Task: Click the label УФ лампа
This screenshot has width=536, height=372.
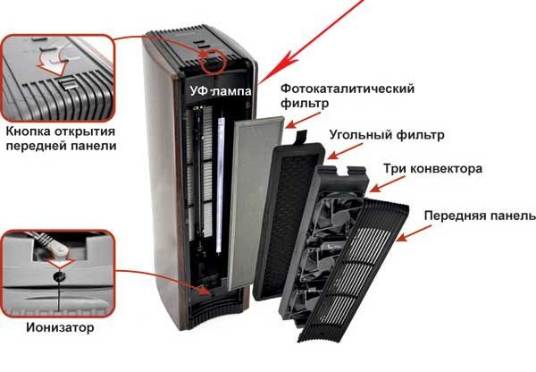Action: point(221,90)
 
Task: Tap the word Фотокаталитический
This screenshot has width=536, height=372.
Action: point(348,89)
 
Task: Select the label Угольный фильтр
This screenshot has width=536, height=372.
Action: point(387,134)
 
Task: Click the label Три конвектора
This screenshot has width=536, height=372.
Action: point(432,168)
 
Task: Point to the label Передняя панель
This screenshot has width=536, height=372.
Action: point(479,216)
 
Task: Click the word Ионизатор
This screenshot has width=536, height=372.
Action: point(60,327)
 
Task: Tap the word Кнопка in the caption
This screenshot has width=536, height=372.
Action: point(29,131)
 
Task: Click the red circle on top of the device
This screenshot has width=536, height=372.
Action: point(213,62)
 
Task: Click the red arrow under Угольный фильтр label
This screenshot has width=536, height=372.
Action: point(345,151)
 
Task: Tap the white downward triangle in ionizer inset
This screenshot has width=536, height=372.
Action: point(60,263)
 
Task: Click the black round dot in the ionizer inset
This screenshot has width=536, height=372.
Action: point(60,275)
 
